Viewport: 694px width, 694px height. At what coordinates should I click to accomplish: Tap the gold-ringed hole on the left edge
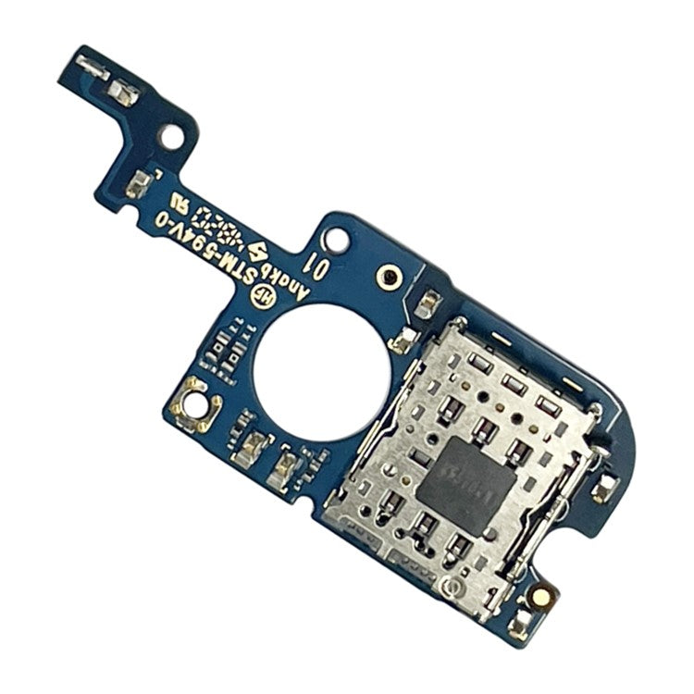pos(195,401)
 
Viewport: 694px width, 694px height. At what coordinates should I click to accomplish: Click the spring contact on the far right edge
pos(605,487)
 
